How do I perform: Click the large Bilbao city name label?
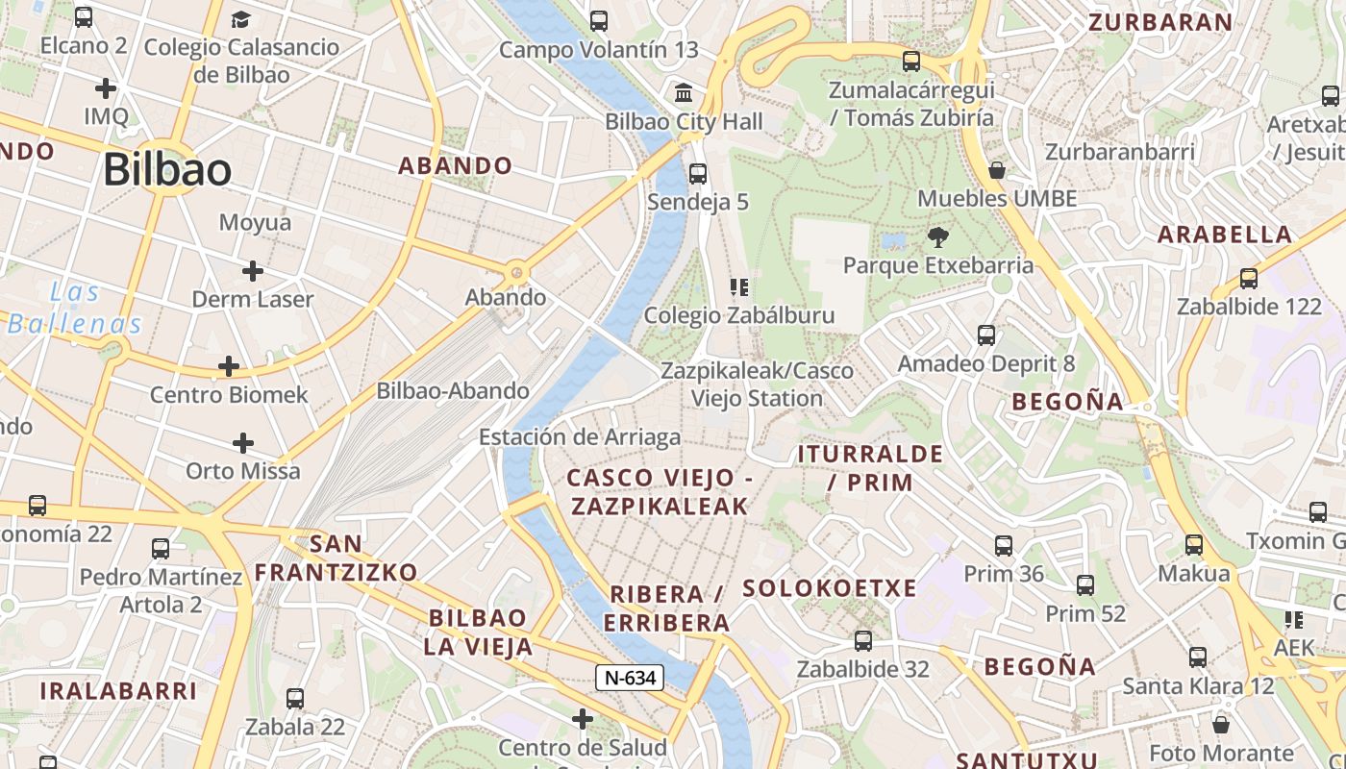(167, 170)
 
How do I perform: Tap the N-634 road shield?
(630, 678)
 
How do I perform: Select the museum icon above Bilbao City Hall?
(684, 93)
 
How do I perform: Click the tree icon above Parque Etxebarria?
(937, 236)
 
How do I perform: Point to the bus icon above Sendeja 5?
(698, 174)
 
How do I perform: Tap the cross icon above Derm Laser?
(253, 271)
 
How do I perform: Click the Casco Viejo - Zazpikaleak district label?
(659, 492)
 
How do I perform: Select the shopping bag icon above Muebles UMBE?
(997, 171)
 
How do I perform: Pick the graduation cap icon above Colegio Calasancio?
(240, 19)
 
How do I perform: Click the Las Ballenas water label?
(75, 308)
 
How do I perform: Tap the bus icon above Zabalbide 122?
(1249, 279)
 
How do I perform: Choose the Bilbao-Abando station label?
(453, 391)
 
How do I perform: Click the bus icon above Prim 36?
(1004, 546)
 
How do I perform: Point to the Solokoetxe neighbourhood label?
(830, 588)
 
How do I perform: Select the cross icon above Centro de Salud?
(582, 719)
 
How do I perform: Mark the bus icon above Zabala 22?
(295, 699)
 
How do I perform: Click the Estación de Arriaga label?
(580, 437)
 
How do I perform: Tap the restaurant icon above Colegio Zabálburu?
(739, 286)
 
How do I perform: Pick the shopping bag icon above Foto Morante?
(1221, 724)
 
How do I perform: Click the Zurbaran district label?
(1159, 22)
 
